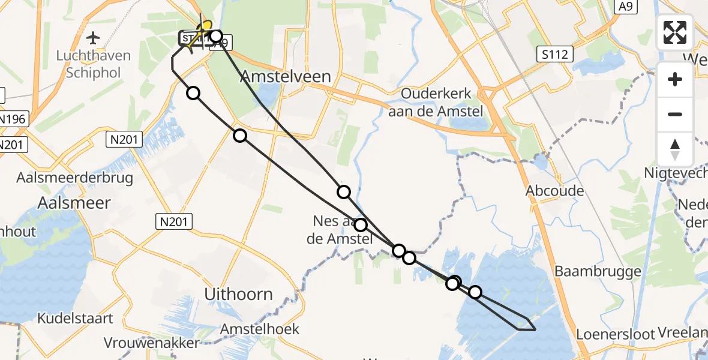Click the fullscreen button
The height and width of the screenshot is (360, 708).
click(675, 32)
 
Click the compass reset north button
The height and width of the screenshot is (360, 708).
click(675, 148)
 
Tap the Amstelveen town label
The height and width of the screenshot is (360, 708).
click(286, 76)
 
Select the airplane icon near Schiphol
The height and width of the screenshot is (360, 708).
click(93, 38)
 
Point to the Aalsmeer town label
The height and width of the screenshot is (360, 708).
click(74, 203)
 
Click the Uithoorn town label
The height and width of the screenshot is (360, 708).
click(239, 294)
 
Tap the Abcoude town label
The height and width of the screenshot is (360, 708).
click(554, 190)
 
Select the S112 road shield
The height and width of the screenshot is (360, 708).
click(556, 55)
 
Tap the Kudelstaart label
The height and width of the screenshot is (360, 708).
click(76, 318)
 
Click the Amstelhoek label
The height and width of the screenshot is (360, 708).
click(259, 329)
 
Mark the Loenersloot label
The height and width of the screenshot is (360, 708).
click(616, 334)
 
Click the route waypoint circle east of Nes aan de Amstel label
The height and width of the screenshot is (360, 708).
click(361, 225)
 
